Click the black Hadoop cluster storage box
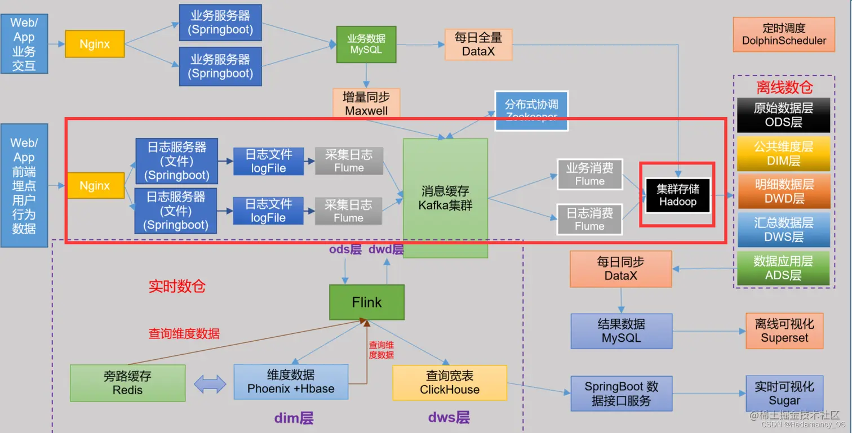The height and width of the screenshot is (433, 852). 677,195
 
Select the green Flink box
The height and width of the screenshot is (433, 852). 367,302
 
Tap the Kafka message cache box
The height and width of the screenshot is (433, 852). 445,198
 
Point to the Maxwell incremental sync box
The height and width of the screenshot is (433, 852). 366,102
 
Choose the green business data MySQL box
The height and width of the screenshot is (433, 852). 366,44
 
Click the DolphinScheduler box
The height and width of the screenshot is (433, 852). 784,34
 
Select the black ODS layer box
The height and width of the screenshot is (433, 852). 783,115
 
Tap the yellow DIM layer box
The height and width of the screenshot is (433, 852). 783,153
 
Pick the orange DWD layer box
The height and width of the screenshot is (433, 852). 783,191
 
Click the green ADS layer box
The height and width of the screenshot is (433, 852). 783,268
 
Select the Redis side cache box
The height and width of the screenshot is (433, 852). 127,383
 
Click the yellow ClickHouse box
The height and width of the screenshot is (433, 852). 450,383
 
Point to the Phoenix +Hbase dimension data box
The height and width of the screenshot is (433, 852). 291,382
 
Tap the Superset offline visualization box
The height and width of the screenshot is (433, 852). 784,331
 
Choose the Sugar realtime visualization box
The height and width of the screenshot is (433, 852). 784,394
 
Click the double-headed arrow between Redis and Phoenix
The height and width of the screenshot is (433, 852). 210,384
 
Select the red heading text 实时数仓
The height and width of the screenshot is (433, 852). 177,286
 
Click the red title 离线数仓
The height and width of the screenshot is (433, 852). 784,87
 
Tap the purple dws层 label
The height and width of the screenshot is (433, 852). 449,417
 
